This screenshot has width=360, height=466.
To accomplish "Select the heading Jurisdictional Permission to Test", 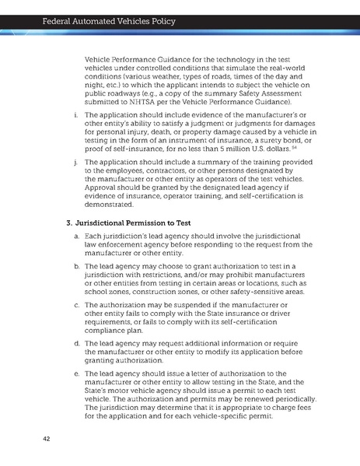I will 133,223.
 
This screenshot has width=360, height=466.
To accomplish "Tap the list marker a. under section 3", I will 75,235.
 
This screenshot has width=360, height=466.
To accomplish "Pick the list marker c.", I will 75,305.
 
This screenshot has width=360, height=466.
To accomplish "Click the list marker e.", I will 75,374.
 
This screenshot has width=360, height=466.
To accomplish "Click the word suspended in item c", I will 193,305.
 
